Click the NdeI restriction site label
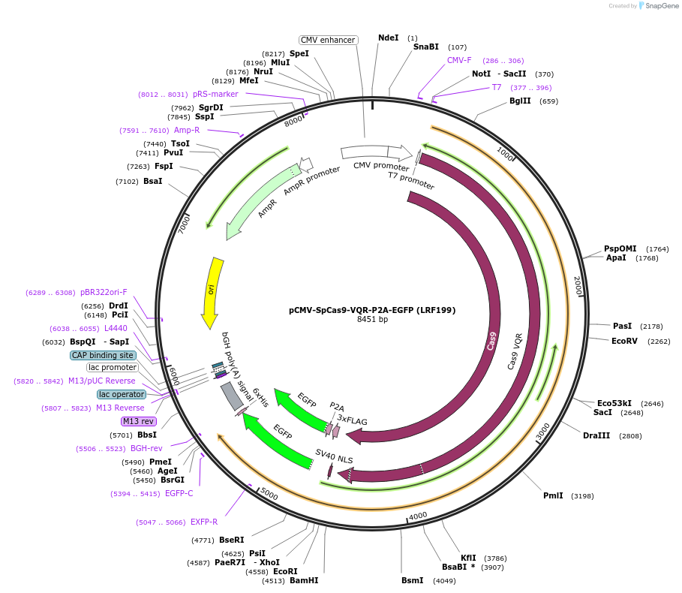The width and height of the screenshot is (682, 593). pos(389,38)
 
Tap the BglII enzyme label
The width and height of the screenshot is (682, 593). pos(520,101)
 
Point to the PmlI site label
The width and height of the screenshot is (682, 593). pos(554,495)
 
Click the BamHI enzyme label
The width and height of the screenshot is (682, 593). pos(304,580)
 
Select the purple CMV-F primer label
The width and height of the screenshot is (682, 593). pos(459,60)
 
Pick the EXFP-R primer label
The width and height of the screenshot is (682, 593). pos(204,522)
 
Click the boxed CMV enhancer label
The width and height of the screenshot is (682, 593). pos(328,40)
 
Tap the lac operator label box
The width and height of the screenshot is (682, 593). pos(120,394)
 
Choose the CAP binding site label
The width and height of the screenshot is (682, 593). pos(103,355)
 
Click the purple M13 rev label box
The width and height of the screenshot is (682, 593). pos(138,421)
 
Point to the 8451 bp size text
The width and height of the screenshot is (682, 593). pos(372,320)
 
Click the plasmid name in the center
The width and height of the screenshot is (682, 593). pos(372,309)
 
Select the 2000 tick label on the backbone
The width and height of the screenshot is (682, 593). pos(578,284)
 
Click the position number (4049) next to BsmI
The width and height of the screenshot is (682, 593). pos(444,580)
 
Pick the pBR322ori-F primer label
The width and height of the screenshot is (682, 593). pos(104,292)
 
